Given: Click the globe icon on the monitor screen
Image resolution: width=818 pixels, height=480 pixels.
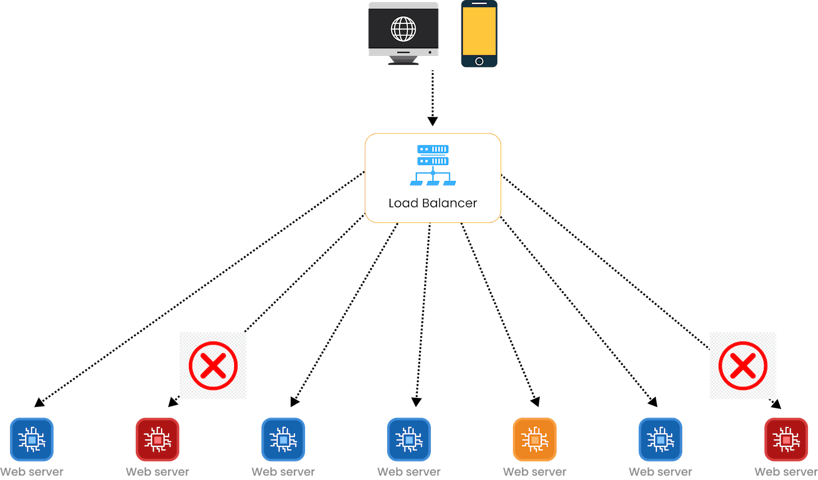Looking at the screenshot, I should point(403,29).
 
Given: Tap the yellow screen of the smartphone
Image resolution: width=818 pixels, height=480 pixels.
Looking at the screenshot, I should point(479,31).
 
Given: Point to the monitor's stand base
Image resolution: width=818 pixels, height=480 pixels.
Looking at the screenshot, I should point(403,63).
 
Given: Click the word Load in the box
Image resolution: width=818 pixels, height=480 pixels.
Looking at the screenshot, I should point(403,203).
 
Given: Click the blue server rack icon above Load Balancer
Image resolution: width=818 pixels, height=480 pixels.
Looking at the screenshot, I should point(433,165).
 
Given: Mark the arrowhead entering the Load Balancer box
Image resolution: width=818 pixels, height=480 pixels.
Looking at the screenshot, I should point(432,121).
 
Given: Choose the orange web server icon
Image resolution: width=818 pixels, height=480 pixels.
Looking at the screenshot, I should point(535,440).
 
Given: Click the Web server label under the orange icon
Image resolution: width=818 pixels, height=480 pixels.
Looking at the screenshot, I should point(535,472).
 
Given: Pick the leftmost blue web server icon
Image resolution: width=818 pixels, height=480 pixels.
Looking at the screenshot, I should point(32,440).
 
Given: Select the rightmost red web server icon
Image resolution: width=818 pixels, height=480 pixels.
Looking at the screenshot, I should point(786,440).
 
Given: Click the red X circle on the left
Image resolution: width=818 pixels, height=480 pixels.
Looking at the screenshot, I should point(213,366).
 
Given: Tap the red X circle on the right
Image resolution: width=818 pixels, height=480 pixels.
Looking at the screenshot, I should point(743,366).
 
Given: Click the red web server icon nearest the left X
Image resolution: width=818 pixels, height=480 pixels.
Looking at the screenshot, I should point(158,440).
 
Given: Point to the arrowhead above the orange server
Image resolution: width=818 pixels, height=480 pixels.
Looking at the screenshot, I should point(535,401).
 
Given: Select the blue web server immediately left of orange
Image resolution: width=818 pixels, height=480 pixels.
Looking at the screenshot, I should point(409,440).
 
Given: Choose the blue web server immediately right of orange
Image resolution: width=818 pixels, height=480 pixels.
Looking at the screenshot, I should point(660,440).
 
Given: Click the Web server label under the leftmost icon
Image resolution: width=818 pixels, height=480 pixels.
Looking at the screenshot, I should point(32,472).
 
